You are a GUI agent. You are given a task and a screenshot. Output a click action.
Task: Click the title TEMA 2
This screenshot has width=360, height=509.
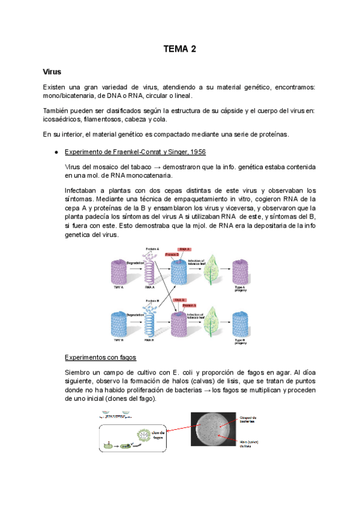[x=180, y=49]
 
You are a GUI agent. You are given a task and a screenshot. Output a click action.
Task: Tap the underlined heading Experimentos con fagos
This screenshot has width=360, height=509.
[x=100, y=358]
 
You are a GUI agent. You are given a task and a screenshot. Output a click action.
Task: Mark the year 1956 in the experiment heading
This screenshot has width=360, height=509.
[x=199, y=151]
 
